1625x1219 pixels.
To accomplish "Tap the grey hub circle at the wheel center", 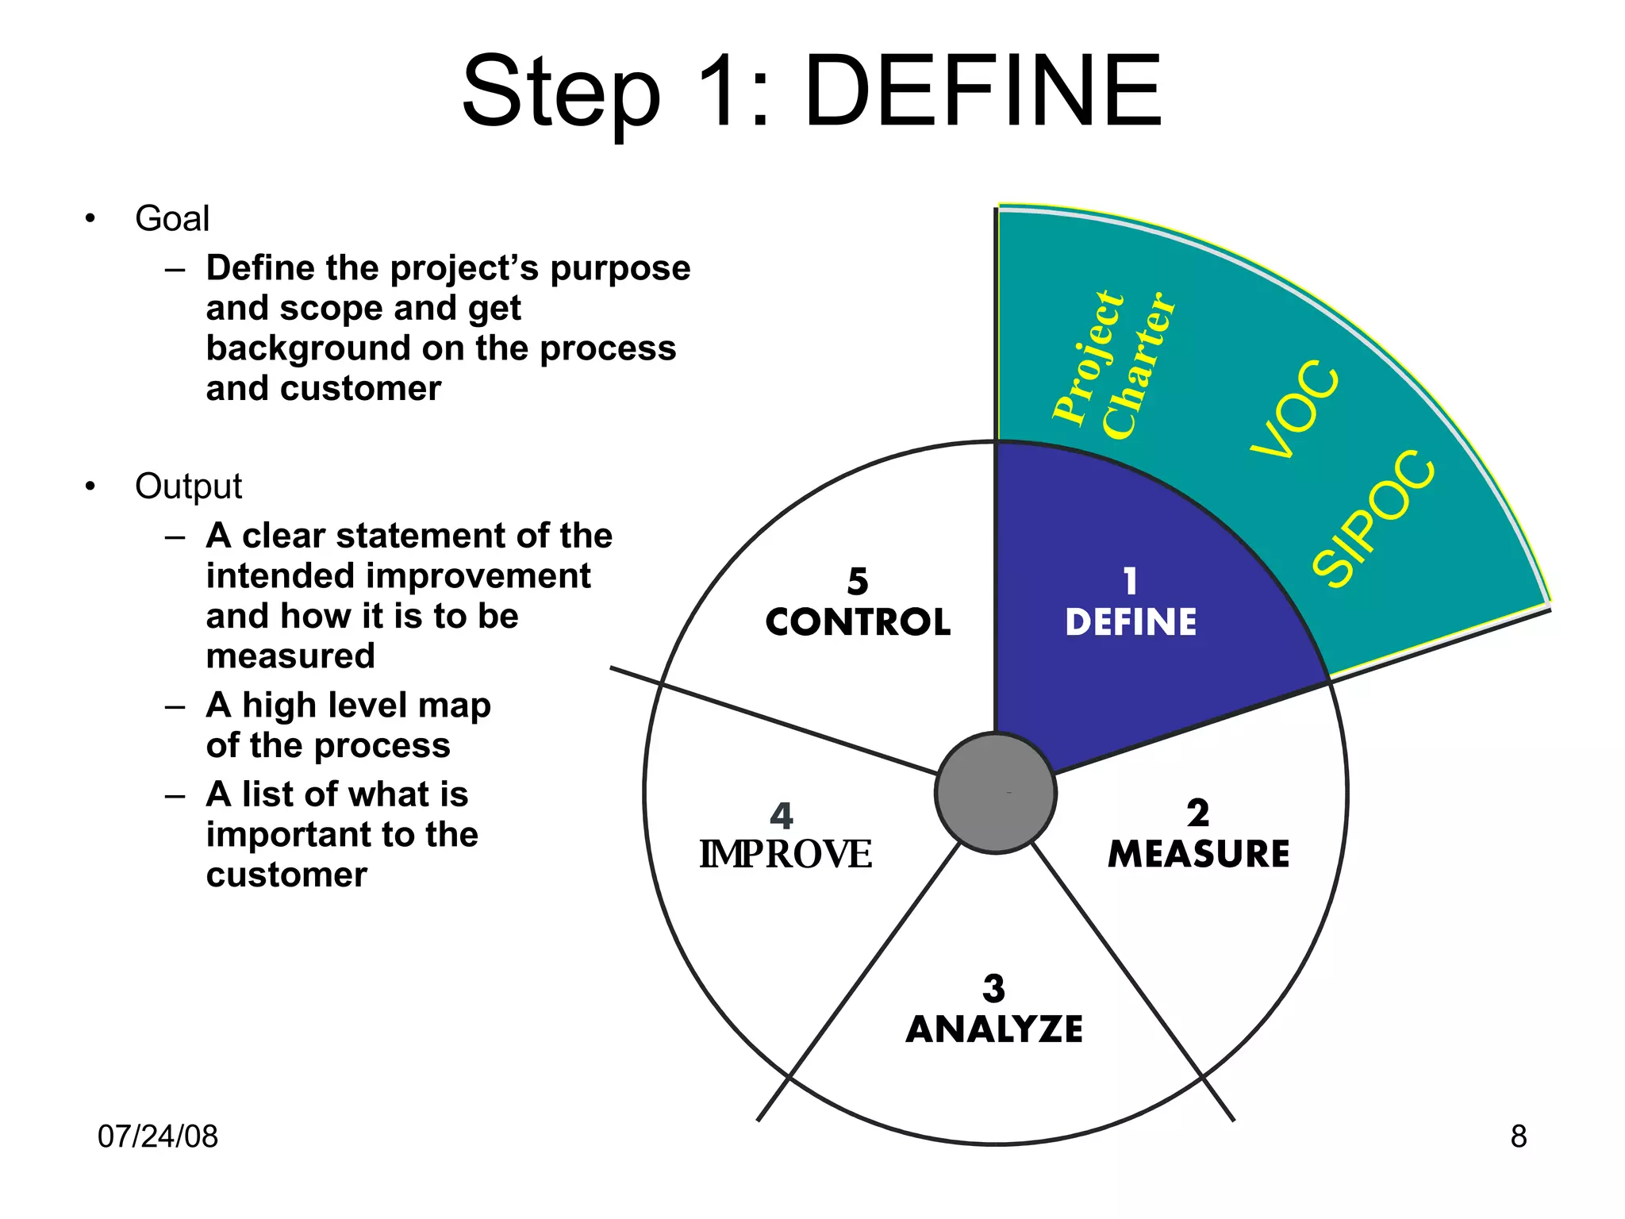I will coord(995,793).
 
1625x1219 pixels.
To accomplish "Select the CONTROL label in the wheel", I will coord(858,622).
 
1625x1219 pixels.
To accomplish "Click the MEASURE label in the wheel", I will coord(1198,854).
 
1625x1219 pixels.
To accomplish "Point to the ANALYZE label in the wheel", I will coord(994,1029).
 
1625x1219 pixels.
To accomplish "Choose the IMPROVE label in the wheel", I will coord(785,855).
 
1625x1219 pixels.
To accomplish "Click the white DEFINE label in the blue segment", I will coord(1131,622).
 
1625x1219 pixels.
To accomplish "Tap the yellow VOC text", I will coord(1296,410).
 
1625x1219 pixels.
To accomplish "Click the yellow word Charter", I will coord(1139,365).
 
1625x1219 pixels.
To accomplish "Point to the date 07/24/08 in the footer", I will coord(157,1136).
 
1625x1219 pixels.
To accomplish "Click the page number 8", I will coord(1518,1136).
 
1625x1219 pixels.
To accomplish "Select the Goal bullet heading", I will coord(172,218).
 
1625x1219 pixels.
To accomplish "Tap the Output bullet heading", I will coord(188,486).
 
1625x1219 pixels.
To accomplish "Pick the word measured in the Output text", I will coord(290,656).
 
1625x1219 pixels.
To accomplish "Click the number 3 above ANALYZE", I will coord(993,989).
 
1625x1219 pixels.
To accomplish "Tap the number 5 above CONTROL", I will coord(858,582).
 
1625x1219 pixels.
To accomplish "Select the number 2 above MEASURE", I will coord(1198,813).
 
